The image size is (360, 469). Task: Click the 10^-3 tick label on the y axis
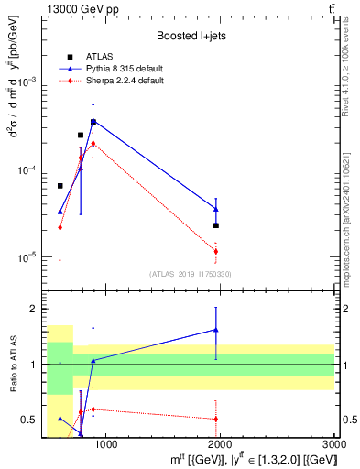pos(29,82)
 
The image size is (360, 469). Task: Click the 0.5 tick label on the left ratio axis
pos(31,420)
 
